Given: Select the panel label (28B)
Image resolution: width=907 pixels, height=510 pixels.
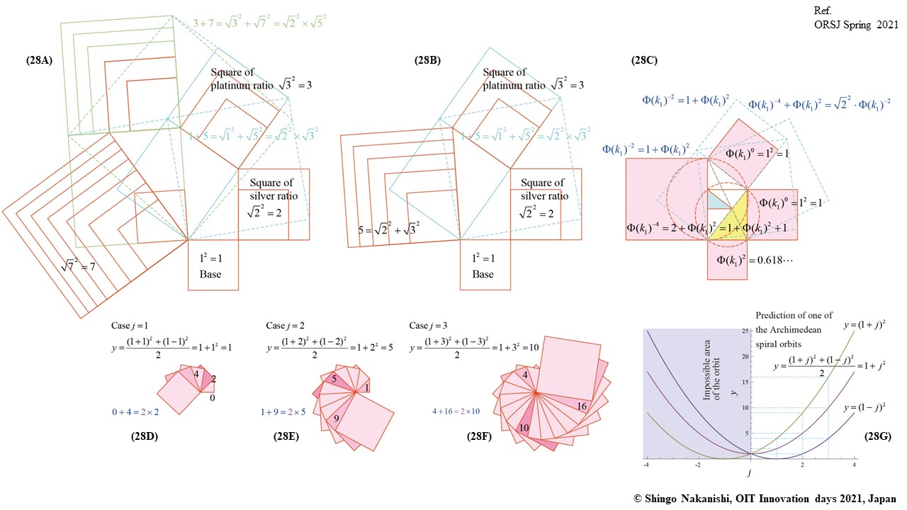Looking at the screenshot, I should [427, 61].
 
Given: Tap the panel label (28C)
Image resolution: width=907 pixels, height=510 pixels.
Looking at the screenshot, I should [644, 61].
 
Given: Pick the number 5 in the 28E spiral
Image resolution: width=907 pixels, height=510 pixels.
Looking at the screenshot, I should [333, 379].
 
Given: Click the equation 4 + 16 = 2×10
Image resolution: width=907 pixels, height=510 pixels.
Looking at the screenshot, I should [458, 411].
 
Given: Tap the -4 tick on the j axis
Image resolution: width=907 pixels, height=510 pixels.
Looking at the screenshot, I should [646, 465].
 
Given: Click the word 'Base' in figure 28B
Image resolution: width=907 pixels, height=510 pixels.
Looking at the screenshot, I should [483, 275].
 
